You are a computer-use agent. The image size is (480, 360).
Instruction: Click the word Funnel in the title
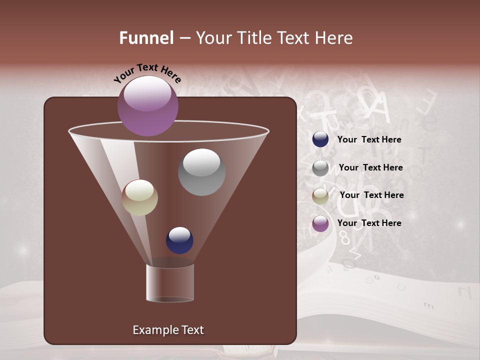(146, 38)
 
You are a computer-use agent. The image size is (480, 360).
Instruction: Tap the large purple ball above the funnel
(148, 106)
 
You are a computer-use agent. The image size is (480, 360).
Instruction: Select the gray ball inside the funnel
(202, 172)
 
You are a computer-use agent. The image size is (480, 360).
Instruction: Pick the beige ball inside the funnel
(140, 197)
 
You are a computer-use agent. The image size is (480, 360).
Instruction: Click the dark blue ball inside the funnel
(179, 240)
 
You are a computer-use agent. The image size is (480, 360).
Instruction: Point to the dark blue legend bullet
(320, 139)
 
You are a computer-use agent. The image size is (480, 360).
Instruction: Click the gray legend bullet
(320, 168)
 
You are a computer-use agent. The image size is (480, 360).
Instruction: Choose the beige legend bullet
(320, 196)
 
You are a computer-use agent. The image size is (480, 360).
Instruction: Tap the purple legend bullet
(320, 223)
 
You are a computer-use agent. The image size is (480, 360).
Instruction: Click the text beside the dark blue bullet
(369, 139)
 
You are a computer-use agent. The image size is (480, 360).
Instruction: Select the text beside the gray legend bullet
(370, 167)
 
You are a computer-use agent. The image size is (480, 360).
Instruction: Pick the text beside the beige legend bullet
(371, 195)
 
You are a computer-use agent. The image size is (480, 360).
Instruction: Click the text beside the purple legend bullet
(369, 223)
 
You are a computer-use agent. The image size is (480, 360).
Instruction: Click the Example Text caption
(168, 330)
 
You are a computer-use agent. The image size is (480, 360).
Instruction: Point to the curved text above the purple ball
(147, 73)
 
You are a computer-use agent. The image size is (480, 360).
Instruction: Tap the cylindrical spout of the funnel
(170, 282)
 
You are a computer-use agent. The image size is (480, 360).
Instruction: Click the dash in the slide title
(184, 38)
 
